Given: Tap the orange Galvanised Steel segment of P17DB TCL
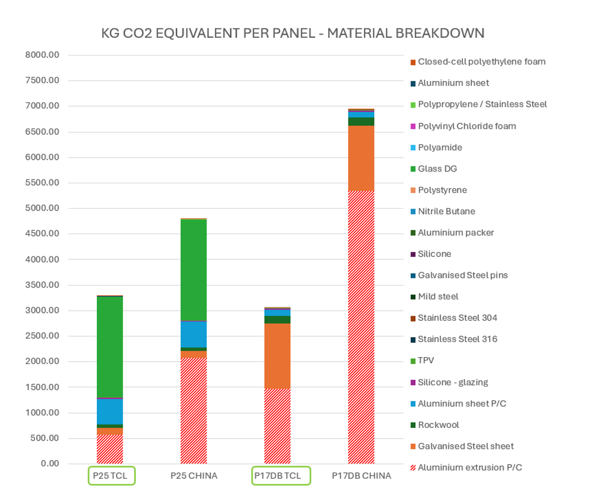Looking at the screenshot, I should point(277,355).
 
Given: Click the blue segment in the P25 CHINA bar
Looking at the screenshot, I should point(194,334).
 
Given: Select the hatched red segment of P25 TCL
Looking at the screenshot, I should point(110,449).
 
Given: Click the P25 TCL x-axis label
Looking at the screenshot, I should point(111,476).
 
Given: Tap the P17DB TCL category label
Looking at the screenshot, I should point(280,476).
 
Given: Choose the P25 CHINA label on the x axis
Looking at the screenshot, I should point(194,476).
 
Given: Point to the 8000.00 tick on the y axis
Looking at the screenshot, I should point(45,55).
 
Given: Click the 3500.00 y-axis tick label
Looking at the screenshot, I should point(45,285).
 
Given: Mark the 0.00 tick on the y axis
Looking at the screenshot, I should point(51,464).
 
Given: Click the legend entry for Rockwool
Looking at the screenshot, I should point(439,425).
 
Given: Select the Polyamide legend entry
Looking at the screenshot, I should point(440,148).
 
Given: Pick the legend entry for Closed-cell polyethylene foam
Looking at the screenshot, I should point(482,62).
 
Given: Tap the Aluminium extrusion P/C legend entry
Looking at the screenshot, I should point(470,467).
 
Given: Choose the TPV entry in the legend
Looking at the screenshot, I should point(426,361).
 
